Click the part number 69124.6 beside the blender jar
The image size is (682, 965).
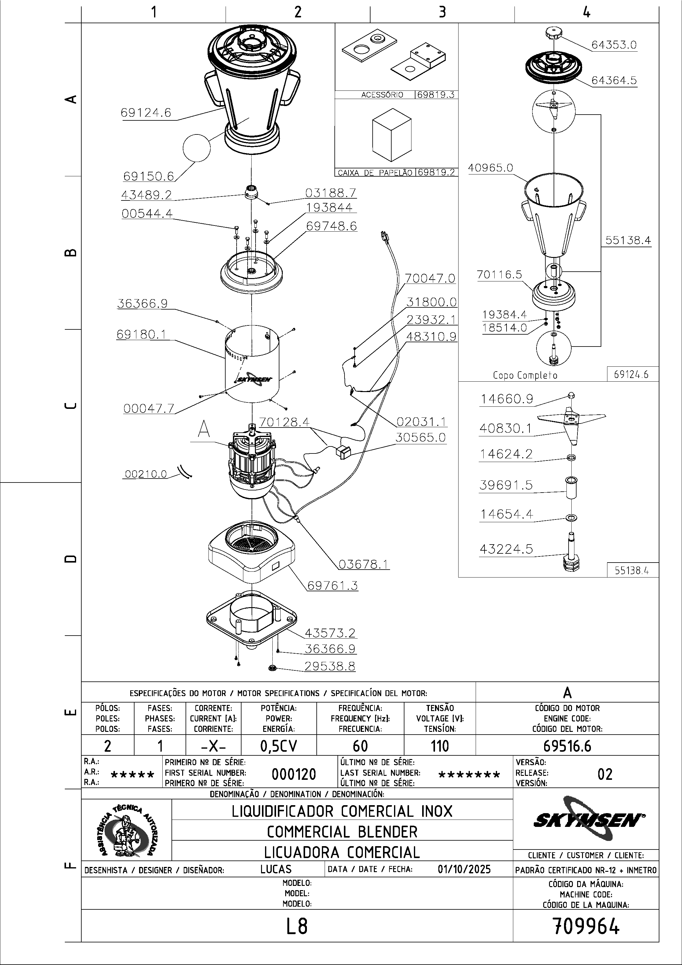(146, 113)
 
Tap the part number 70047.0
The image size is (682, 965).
(430, 278)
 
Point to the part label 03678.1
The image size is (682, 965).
(364, 564)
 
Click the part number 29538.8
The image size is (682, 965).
(330, 666)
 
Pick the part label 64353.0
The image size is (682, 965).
(614, 45)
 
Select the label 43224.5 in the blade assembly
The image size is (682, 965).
(506, 549)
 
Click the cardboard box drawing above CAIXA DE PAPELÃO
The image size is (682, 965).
(392, 134)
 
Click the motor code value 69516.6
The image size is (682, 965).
(567, 746)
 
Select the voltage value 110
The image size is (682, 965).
(440, 746)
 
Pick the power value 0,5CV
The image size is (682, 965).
(279, 746)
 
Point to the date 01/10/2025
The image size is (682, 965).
(464, 869)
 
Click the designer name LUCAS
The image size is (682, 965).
(276, 869)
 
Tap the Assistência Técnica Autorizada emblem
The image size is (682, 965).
(127, 830)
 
